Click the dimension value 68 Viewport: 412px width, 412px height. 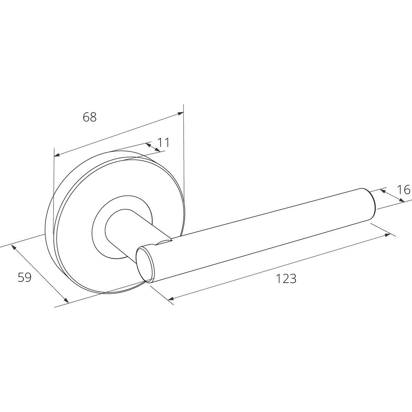pyautogui.click(x=90, y=117)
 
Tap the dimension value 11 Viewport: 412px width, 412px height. pyautogui.click(x=163, y=142)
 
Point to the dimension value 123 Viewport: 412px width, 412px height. pyautogui.click(x=286, y=278)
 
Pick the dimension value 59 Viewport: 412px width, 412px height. pyautogui.click(x=25, y=277)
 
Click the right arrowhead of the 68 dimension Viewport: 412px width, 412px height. pyautogui.click(x=181, y=114)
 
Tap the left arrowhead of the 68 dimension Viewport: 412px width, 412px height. pyautogui.click(x=57, y=154)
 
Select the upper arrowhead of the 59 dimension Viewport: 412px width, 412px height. pyautogui.click(x=13, y=247)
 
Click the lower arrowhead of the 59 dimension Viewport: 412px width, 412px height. pyautogui.click(x=67, y=300)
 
